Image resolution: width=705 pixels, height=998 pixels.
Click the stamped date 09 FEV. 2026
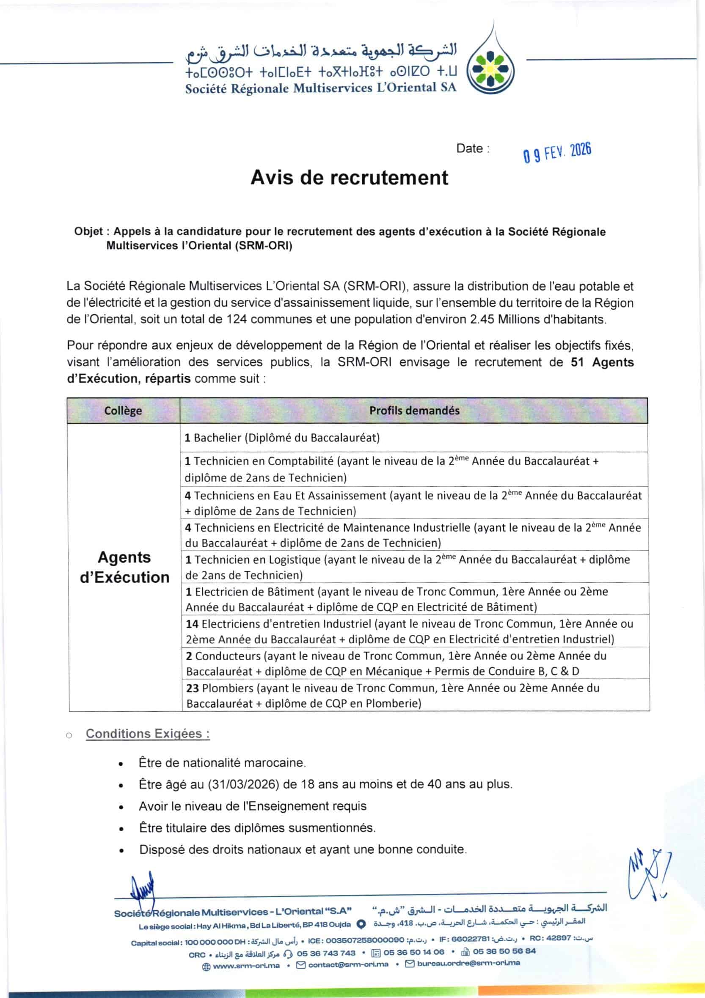pyautogui.click(x=557, y=152)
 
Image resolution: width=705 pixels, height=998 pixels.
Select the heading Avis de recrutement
pyautogui.click(x=349, y=178)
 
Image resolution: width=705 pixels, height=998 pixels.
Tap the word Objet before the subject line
pyautogui.click(x=88, y=232)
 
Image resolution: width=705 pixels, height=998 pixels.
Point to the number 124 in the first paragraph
pyautogui.click(x=237, y=320)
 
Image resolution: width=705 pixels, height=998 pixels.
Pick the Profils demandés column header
pyautogui.click(x=414, y=410)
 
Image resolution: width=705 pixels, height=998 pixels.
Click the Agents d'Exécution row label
pyautogui.click(x=125, y=567)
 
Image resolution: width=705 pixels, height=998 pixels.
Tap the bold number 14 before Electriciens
pyautogui.click(x=192, y=624)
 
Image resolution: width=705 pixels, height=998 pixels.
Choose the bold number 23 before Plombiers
pyautogui.click(x=193, y=688)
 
